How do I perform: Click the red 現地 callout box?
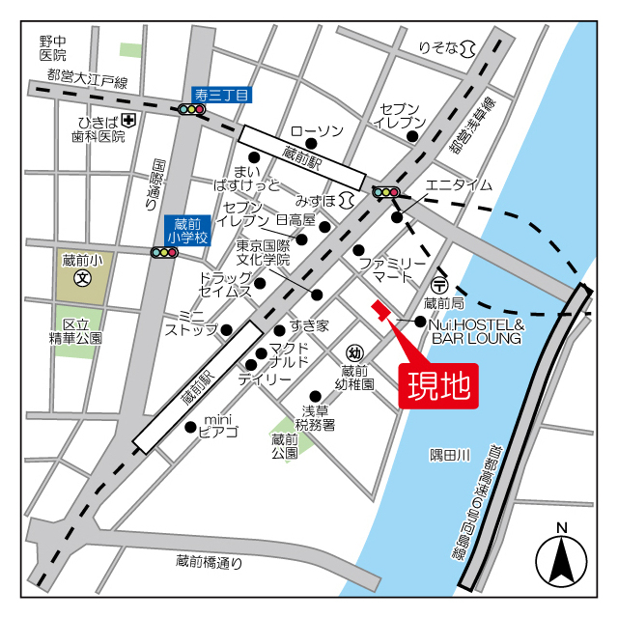pos(438,385)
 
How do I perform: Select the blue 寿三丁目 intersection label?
pos(221,95)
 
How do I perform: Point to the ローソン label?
pos(317,131)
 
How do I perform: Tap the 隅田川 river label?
pos(449,455)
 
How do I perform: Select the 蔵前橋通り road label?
pos(210,560)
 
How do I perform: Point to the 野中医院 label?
pos(53,48)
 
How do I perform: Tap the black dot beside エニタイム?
pos(397,217)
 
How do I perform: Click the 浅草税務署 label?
pos(315,417)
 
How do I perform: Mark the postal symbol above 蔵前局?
pos(439,285)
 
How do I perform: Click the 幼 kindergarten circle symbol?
pos(354,353)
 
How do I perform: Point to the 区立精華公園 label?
pos(76,331)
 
